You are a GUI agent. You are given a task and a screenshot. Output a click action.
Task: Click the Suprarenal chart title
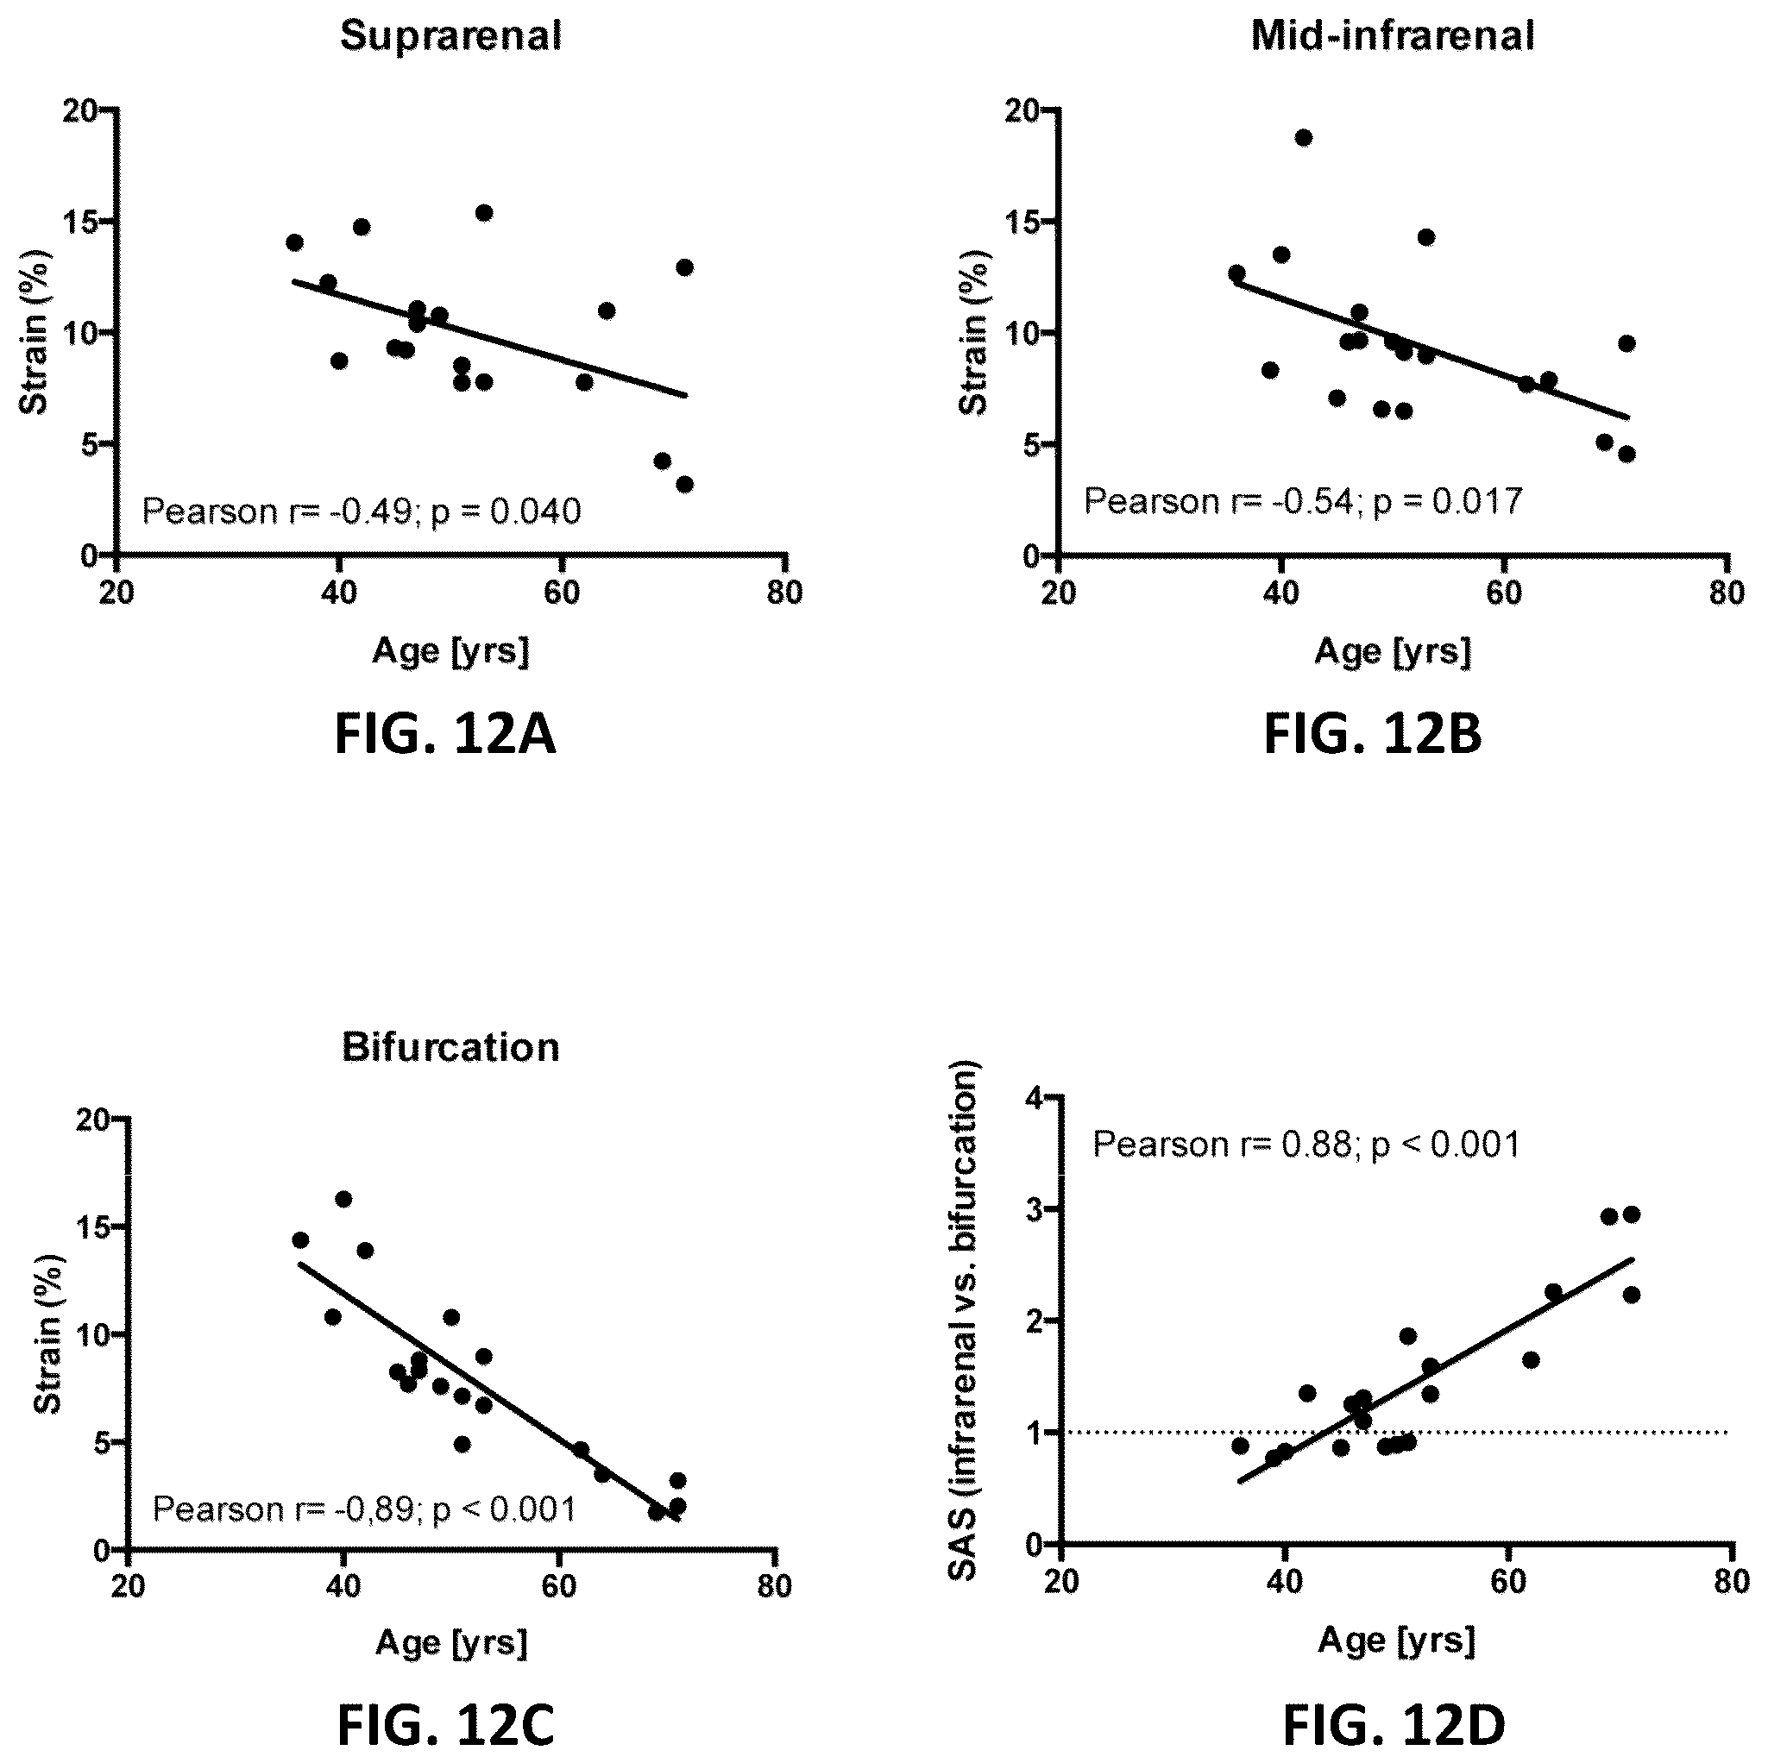(x=451, y=36)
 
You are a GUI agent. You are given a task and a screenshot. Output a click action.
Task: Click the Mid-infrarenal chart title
(x=1393, y=36)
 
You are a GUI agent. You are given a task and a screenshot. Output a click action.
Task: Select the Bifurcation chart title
(x=451, y=1048)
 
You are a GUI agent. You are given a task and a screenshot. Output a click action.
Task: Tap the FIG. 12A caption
(x=444, y=736)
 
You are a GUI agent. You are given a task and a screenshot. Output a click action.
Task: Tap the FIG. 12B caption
(x=1373, y=736)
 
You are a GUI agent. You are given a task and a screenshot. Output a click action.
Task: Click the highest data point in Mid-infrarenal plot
(x=1303, y=138)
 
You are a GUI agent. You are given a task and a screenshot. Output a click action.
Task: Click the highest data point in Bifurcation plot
(x=343, y=1200)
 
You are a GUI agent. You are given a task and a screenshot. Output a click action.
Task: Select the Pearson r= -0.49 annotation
(x=362, y=511)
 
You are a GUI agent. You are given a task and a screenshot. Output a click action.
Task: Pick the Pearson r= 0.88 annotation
(x=1306, y=1145)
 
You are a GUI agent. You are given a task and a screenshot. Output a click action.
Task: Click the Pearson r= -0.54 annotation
(x=1303, y=501)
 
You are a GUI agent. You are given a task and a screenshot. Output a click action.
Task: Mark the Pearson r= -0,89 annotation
(x=364, y=1509)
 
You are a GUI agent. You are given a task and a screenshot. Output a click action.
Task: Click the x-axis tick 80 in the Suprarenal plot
(x=784, y=593)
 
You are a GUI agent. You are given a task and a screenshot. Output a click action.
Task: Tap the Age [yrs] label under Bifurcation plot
(x=451, y=1643)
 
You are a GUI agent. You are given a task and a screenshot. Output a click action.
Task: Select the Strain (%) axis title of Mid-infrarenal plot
(x=973, y=333)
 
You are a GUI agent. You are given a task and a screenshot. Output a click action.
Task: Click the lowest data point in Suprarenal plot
(x=684, y=484)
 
